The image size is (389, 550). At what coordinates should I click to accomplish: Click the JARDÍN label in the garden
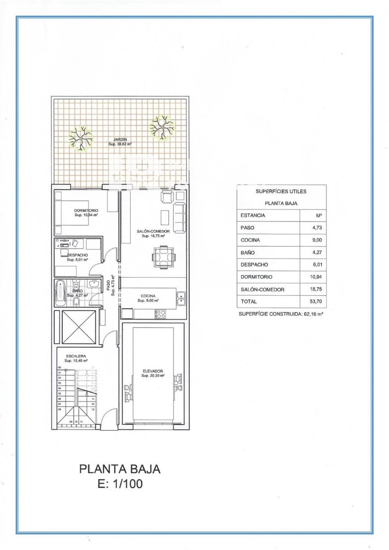pyautogui.click(x=120, y=139)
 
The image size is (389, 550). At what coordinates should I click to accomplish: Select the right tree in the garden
pyautogui.click(x=162, y=127)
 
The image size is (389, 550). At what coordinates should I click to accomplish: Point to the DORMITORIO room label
pyautogui.click(x=86, y=211)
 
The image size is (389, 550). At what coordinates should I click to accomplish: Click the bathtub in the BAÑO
pyautogui.click(x=60, y=292)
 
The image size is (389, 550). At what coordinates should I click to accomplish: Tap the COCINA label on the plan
pyautogui.click(x=148, y=296)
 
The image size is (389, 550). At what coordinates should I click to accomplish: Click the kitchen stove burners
pyautogui.click(x=160, y=314)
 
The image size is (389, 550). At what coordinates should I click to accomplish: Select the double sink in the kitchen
pyautogui.click(x=181, y=298)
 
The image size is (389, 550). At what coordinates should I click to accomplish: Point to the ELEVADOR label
pyautogui.click(x=153, y=371)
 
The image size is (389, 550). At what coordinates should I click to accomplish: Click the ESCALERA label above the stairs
pyautogui.click(x=76, y=356)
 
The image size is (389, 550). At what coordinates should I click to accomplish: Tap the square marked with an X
pyautogui.click(x=79, y=327)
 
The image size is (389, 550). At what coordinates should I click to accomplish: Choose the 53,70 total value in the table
pyautogui.click(x=313, y=302)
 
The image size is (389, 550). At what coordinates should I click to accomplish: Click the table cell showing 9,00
pyautogui.click(x=313, y=240)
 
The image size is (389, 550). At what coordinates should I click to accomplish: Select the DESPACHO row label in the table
pyautogui.click(x=254, y=264)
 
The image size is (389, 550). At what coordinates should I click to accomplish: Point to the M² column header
pyautogui.click(x=313, y=215)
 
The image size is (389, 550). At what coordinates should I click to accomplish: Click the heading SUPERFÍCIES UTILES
pyautogui.click(x=281, y=191)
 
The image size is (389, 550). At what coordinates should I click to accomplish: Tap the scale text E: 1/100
pyautogui.click(x=120, y=484)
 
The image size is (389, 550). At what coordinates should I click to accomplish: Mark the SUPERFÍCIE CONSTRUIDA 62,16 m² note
pyautogui.click(x=281, y=314)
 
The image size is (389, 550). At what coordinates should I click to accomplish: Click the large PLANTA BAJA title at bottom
pyautogui.click(x=120, y=469)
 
